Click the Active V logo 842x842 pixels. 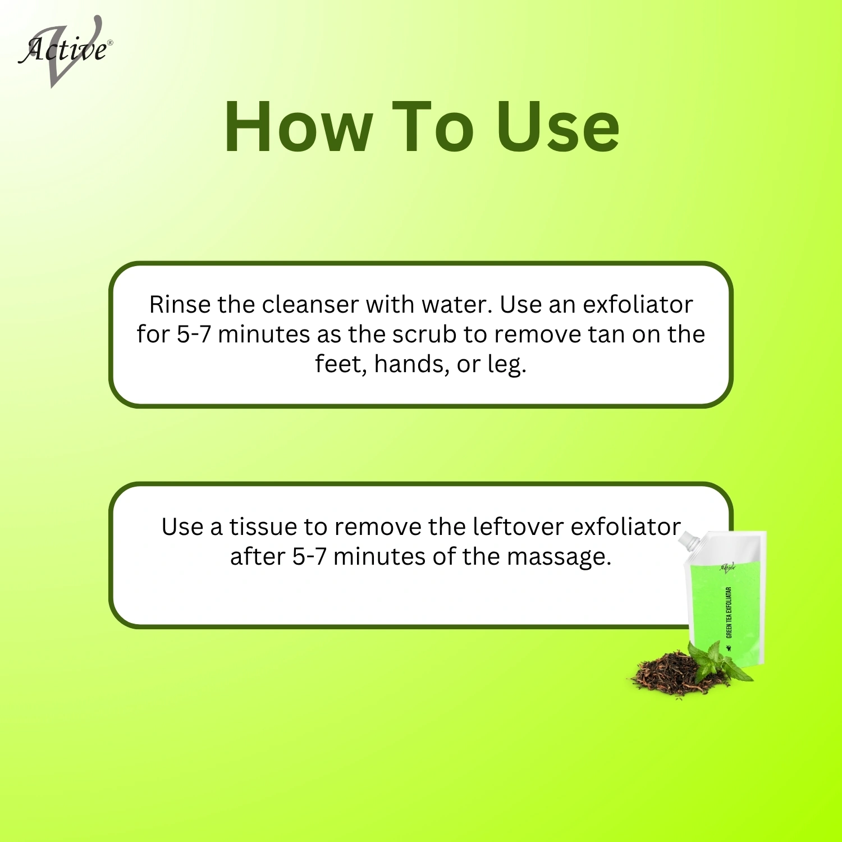click(x=65, y=52)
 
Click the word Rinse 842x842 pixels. click(x=180, y=305)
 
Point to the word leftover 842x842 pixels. click(x=518, y=527)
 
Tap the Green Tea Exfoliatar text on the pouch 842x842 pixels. click(x=729, y=612)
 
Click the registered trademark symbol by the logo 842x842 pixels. click(x=109, y=43)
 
